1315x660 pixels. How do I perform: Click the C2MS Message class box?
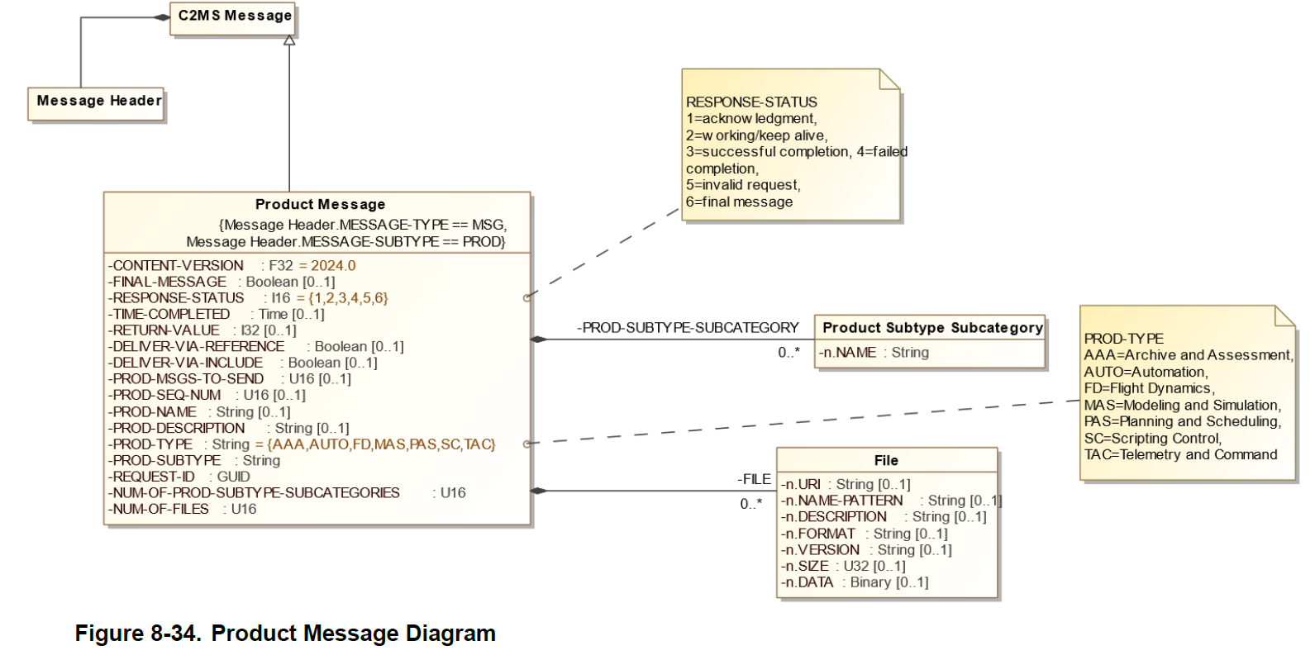tap(235, 17)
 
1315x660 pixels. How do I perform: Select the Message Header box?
tap(98, 102)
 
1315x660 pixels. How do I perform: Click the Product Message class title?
tap(320, 205)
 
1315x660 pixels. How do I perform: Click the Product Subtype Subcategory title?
tap(931, 328)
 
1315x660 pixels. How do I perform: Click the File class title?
tap(886, 461)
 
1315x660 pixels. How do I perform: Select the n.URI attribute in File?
tap(846, 485)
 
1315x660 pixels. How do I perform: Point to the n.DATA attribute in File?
tap(855, 582)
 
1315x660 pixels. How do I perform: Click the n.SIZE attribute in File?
tap(843, 566)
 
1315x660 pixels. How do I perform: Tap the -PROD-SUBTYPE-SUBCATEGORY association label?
tap(688, 328)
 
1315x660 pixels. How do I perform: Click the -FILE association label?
tap(754, 479)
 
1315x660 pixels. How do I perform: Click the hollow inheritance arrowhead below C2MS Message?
tap(289, 40)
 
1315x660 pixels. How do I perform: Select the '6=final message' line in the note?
tap(739, 202)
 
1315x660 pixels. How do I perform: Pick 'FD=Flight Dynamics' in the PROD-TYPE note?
tap(1149, 388)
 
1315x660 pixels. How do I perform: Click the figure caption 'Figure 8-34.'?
tap(137, 634)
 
